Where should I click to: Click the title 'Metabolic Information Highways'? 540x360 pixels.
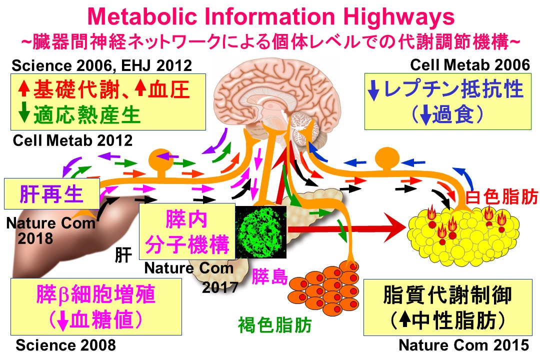click(x=270, y=16)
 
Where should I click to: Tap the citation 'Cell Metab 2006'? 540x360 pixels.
click(x=469, y=65)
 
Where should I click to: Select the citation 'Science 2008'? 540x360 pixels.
click(x=66, y=345)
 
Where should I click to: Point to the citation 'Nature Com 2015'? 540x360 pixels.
click(x=464, y=345)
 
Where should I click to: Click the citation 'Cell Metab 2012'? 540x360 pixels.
click(x=72, y=140)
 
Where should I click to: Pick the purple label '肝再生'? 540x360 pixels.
click(x=51, y=194)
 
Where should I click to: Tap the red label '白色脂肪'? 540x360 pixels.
click(x=501, y=197)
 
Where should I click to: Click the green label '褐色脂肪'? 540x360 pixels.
click(x=275, y=325)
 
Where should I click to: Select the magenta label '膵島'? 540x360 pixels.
click(x=269, y=276)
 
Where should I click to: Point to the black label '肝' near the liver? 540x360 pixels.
click(x=123, y=255)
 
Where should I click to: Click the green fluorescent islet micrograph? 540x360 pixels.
click(x=260, y=232)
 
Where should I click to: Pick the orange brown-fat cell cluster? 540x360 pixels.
click(x=323, y=289)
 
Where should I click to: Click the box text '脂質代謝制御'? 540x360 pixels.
click(x=447, y=294)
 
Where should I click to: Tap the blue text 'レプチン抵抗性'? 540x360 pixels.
click(x=453, y=89)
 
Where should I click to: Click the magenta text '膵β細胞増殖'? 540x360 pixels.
click(x=95, y=294)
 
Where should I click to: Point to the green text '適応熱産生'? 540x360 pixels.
click(x=87, y=114)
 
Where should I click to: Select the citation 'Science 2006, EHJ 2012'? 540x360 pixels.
click(x=102, y=65)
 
